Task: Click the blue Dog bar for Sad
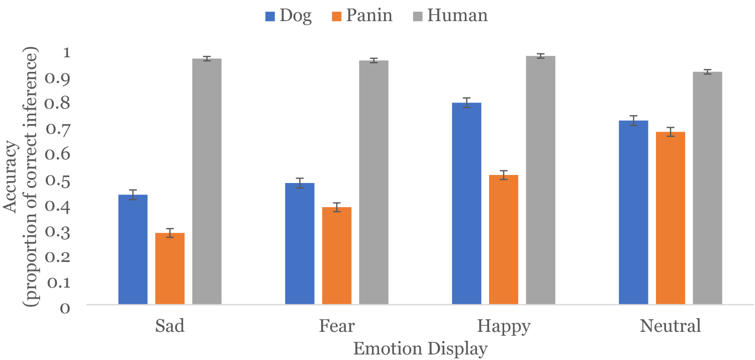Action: (133, 249)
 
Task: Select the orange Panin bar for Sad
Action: (170, 268)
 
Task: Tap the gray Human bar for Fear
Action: (373, 182)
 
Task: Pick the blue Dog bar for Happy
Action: (466, 204)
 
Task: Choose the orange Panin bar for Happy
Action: (504, 239)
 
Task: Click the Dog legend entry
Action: (289, 16)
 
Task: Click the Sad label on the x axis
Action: (170, 326)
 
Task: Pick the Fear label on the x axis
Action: (337, 326)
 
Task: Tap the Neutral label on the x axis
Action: (670, 326)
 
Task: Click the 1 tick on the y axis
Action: (67, 53)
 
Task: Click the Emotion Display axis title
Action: (420, 348)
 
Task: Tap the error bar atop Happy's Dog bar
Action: (466, 103)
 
